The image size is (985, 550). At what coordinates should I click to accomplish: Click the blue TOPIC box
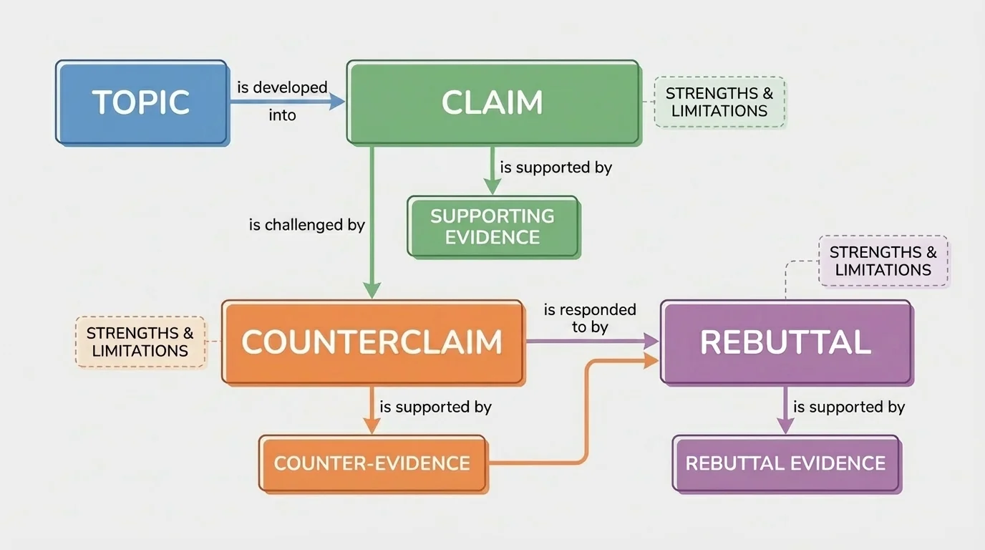click(142, 102)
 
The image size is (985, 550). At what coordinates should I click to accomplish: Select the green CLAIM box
click(492, 102)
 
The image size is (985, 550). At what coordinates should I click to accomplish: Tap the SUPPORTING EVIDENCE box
click(493, 226)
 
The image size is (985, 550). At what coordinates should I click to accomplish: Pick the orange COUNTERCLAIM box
click(372, 342)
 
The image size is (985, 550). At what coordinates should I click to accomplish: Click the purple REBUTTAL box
click(785, 342)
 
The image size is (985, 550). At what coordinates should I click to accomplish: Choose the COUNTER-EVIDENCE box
click(372, 463)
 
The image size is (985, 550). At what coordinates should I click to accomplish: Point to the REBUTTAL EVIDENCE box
click(786, 463)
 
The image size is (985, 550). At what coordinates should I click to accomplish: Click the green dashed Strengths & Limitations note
click(719, 102)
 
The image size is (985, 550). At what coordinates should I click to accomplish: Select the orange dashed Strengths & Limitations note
click(140, 342)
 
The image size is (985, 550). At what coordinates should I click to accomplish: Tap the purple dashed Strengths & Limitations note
click(883, 261)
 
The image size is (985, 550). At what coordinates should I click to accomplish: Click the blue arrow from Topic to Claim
click(286, 102)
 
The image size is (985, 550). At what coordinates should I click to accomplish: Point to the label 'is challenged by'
click(307, 225)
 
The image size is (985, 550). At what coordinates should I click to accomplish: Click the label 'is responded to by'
click(590, 318)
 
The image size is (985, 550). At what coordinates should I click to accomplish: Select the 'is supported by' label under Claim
click(556, 168)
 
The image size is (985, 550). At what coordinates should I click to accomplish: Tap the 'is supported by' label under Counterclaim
click(435, 407)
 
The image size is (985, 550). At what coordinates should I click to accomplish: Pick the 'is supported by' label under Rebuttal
click(849, 407)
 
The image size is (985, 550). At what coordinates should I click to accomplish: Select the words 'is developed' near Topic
click(282, 87)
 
